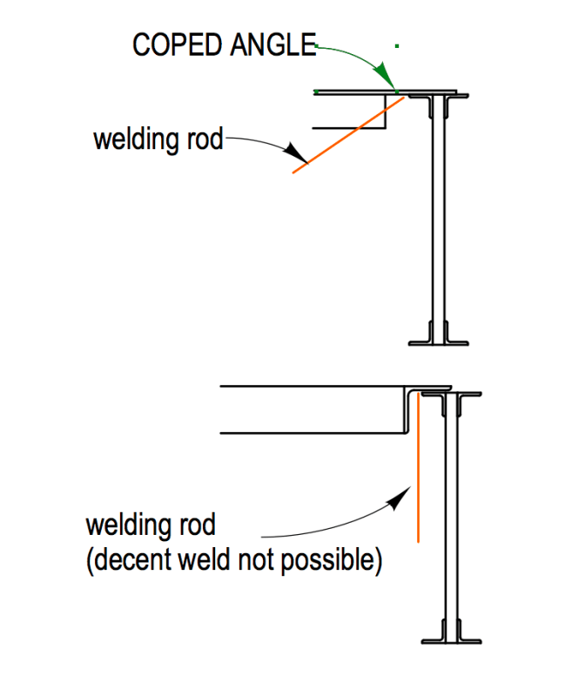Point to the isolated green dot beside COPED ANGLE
(397, 44)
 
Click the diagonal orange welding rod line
(348, 135)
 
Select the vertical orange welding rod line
(419, 470)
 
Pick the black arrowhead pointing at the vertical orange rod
(399, 498)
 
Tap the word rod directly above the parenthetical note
(197, 526)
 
